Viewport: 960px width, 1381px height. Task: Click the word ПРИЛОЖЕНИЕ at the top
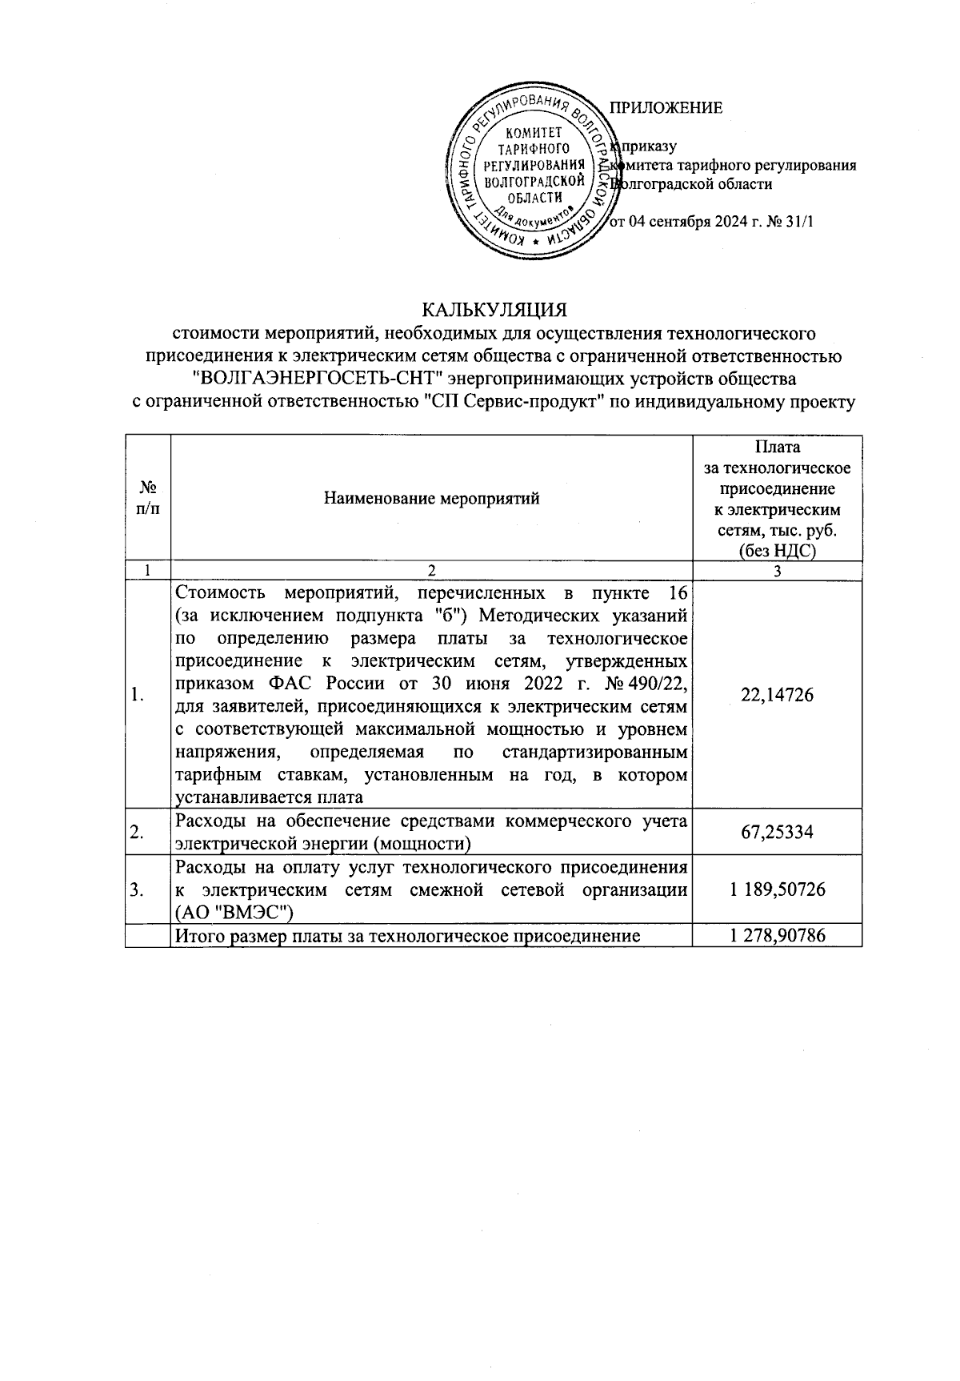click(x=666, y=108)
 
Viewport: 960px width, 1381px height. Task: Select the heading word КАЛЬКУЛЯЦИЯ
click(x=494, y=308)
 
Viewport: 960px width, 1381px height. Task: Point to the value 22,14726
click(x=777, y=695)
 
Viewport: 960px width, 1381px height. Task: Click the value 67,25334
click(x=777, y=833)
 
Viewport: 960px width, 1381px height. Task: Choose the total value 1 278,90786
click(x=777, y=935)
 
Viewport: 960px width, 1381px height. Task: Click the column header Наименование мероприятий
click(x=431, y=499)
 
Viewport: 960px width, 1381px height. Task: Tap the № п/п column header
click(x=147, y=498)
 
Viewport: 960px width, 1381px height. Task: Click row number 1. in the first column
click(x=137, y=695)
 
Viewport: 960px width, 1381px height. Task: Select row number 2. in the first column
click(x=137, y=833)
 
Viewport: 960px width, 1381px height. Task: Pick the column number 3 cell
click(x=777, y=571)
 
